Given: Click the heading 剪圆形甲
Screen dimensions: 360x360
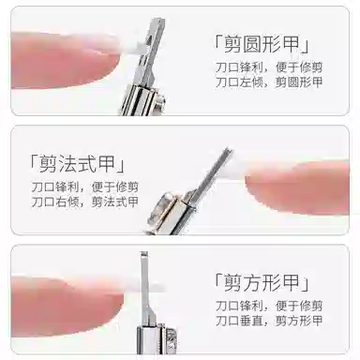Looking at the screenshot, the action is pos(262,44).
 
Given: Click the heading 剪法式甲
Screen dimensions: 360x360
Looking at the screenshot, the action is pos(77,164).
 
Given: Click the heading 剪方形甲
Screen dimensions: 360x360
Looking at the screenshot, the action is pos(262,282).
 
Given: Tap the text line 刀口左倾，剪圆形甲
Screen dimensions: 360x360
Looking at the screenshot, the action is pos(269,82).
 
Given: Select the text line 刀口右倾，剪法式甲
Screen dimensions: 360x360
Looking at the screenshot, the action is pos(84,202).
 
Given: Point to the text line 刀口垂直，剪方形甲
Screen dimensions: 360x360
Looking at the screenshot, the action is pos(269,321).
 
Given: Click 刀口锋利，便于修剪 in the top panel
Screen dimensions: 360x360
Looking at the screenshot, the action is pos(269,67).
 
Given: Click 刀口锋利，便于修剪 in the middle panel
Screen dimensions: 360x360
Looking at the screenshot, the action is pos(84,187).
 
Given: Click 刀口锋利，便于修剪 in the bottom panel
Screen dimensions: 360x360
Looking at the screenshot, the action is pos(269,306).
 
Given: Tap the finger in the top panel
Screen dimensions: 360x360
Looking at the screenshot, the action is pos(63,60).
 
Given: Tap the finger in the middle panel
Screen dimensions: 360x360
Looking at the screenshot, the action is pos(297,187).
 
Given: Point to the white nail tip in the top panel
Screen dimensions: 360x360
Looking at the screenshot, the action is pos(134,48).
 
